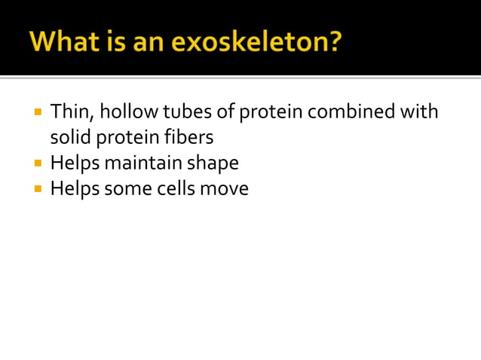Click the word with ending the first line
point(419,112)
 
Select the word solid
point(69,138)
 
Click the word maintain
point(148,163)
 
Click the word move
point(224,188)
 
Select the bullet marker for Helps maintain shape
point(38,163)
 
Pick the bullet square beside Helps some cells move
point(38,188)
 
